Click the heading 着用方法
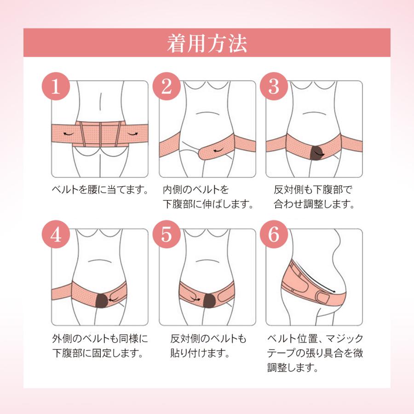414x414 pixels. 207,44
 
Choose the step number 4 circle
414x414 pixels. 56,235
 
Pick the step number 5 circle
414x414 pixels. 166,235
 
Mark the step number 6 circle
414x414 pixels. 273,235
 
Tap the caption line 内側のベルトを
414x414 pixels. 196,190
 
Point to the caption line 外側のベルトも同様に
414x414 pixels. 99,339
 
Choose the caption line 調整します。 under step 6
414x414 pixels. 292,368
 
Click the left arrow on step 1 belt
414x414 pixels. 69,133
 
